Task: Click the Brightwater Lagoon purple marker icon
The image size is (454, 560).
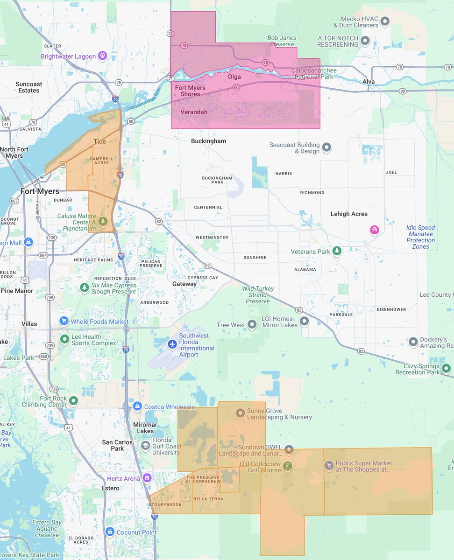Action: click(103, 56)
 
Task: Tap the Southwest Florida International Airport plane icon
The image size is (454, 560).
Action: click(172, 344)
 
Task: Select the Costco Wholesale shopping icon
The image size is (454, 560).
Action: click(137, 406)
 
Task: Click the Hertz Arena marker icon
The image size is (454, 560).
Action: click(148, 478)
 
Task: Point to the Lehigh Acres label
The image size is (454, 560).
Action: click(349, 214)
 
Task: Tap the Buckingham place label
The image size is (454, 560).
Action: click(208, 141)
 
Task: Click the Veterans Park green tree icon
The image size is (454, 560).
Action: click(337, 252)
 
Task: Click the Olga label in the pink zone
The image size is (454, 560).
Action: click(234, 77)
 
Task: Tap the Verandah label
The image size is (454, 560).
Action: click(194, 112)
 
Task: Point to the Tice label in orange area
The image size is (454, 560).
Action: click(99, 141)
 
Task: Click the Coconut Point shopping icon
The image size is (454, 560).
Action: click(110, 532)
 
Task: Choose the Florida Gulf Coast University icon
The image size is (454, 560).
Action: click(146, 446)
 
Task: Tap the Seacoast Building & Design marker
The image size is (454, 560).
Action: click(327, 148)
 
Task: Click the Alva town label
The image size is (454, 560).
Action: click(369, 82)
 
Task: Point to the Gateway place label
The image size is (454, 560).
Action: click(184, 284)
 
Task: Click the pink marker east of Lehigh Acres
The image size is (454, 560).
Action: click(374, 230)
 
